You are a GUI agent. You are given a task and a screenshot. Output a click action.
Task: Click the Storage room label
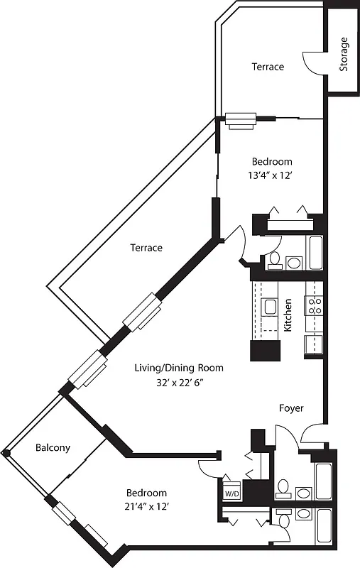pos(344,55)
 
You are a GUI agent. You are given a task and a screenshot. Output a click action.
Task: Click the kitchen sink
pos(270,307)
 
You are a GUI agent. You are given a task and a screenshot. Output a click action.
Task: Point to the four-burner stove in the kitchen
pos(314,306)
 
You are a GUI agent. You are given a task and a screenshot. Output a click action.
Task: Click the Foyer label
pos(291,408)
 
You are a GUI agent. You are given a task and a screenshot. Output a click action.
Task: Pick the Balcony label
pos(53,447)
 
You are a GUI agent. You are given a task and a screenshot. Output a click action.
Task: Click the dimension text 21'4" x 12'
pos(146,506)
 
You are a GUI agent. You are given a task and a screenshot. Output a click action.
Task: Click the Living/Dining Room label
pos(179,368)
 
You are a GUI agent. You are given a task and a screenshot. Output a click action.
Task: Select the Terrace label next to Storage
pos(268,67)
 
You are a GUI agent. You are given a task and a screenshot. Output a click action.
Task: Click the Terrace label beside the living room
pos(146,248)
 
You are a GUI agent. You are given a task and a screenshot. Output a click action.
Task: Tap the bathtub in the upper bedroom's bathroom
pos(315,252)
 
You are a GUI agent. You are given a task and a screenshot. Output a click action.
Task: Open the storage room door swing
pos(314,62)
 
